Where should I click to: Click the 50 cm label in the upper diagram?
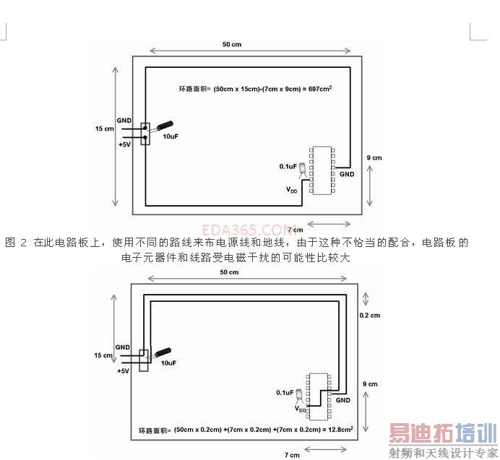point(231,44)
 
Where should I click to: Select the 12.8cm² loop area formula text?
point(246,430)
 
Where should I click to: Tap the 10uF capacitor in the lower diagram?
point(163,354)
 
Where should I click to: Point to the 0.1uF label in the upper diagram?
point(288,166)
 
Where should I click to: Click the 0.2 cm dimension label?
point(370,316)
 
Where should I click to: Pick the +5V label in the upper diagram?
point(124,144)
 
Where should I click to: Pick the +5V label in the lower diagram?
point(123,371)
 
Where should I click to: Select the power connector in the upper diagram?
point(145,133)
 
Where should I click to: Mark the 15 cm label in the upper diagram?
point(105,129)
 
